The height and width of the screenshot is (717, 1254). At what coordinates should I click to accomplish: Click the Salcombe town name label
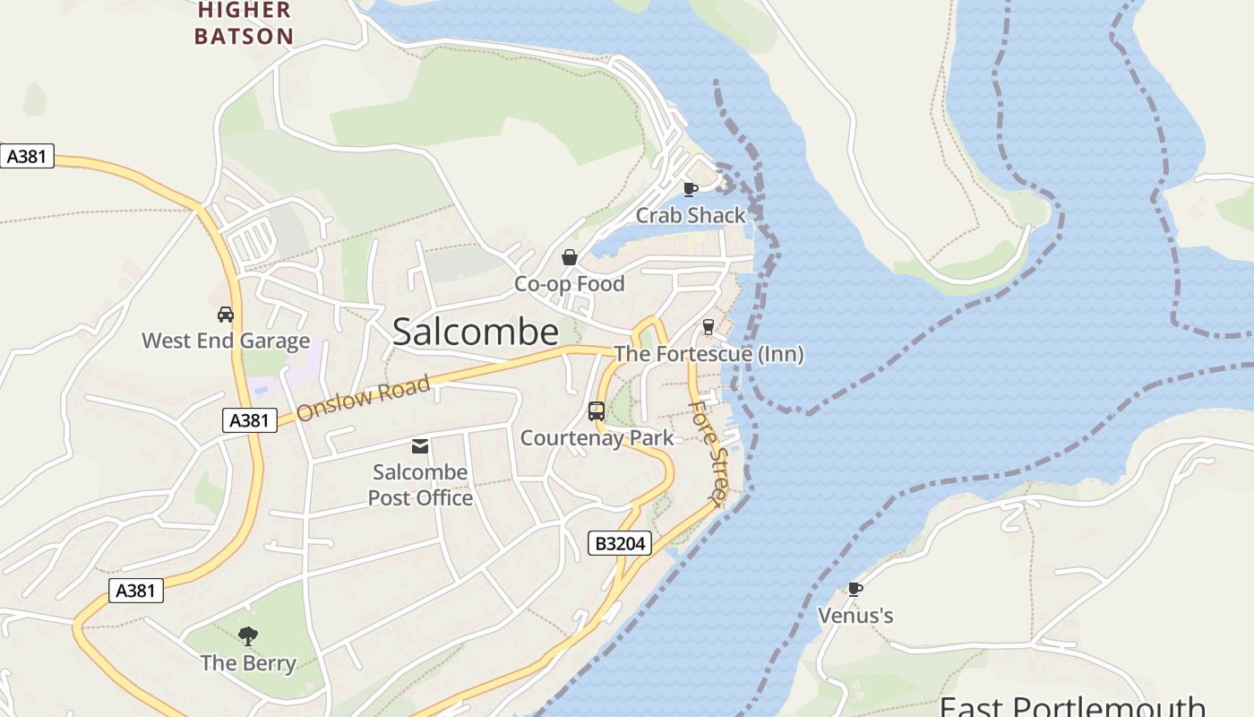(476, 333)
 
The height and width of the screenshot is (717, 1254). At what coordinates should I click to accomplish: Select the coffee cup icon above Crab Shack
(690, 189)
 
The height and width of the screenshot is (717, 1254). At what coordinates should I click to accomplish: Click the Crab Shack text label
(691, 215)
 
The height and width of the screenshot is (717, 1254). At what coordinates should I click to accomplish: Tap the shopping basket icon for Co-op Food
(569, 258)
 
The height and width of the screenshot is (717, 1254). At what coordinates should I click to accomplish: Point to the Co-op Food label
(569, 284)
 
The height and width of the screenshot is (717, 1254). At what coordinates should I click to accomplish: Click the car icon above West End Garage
(226, 315)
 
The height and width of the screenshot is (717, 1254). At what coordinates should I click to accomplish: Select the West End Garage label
(226, 341)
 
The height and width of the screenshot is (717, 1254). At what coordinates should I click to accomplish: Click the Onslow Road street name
(363, 399)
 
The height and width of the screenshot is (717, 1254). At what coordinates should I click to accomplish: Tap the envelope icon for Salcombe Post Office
(419, 446)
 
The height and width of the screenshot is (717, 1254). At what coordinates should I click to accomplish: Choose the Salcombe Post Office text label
(420, 485)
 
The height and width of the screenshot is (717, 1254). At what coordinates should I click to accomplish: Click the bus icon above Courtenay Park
(597, 411)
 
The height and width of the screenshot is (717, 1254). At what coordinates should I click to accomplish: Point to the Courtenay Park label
(597, 438)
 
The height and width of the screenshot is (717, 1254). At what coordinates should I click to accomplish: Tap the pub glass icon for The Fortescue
(708, 327)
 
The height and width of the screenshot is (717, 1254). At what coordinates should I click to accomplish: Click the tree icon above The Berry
(248, 636)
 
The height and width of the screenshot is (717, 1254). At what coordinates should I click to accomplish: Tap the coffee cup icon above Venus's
(855, 589)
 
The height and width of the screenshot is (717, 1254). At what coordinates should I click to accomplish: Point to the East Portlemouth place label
(1071, 705)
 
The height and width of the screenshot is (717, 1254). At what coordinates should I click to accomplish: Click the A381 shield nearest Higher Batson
(27, 156)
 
